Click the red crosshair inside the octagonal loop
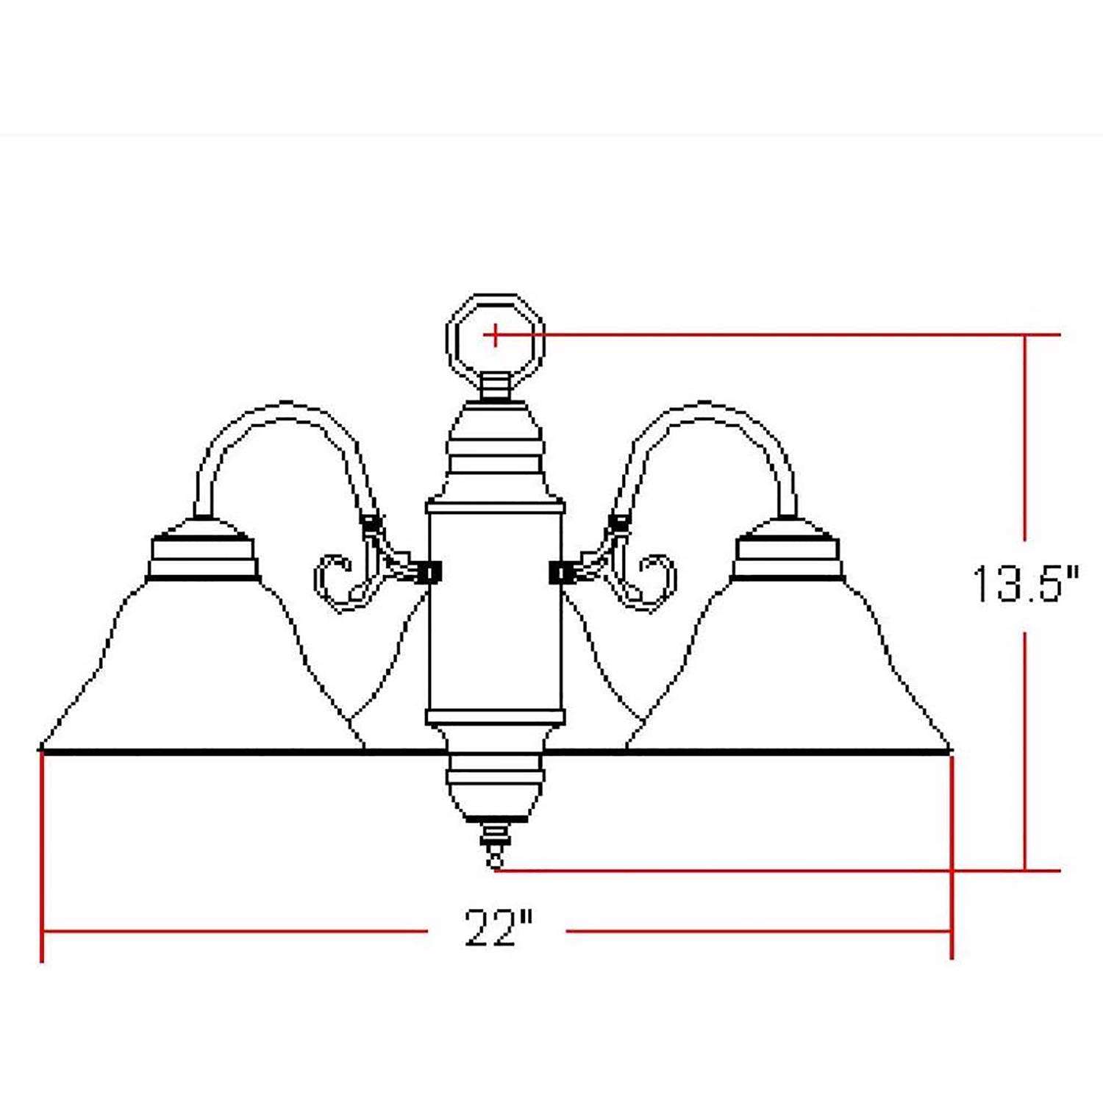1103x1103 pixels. [x=496, y=335]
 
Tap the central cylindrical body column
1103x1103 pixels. [x=496, y=610]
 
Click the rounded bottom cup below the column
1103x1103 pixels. [x=496, y=790]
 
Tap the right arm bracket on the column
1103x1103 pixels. [x=562, y=572]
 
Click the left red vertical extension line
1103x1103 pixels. [x=42, y=853]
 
